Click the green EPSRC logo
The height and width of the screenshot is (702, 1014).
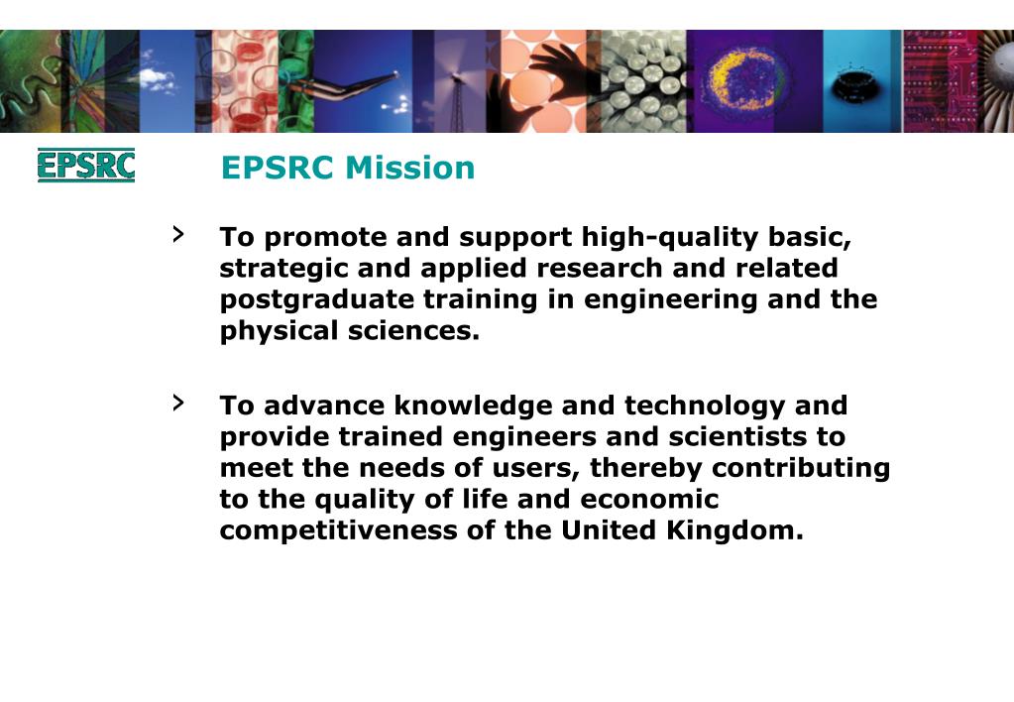point(85,166)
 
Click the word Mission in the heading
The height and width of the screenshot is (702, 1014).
point(410,168)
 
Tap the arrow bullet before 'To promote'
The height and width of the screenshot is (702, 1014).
point(178,234)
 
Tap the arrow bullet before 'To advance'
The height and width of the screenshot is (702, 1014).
point(178,402)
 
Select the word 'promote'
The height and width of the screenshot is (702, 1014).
point(326,238)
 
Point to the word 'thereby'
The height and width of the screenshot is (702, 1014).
point(645,467)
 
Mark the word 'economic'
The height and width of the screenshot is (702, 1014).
point(649,499)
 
